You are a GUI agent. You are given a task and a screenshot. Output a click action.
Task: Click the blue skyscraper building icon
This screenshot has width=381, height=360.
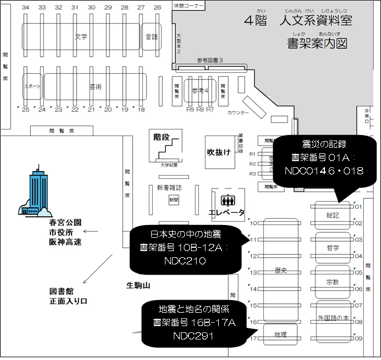click(37, 191)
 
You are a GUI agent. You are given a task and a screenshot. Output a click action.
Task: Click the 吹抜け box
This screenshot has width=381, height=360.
click(218, 152)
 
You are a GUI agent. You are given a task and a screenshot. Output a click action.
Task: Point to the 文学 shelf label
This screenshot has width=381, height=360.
click(82, 37)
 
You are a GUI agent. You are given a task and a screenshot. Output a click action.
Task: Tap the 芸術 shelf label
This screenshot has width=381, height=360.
click(95, 87)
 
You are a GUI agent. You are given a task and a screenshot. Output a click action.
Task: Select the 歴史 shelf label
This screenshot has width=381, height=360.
click(280, 271)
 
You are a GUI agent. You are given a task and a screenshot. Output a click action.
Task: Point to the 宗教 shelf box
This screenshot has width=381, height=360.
click(332, 281)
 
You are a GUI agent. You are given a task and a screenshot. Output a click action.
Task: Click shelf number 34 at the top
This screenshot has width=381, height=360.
click(26, 8)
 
